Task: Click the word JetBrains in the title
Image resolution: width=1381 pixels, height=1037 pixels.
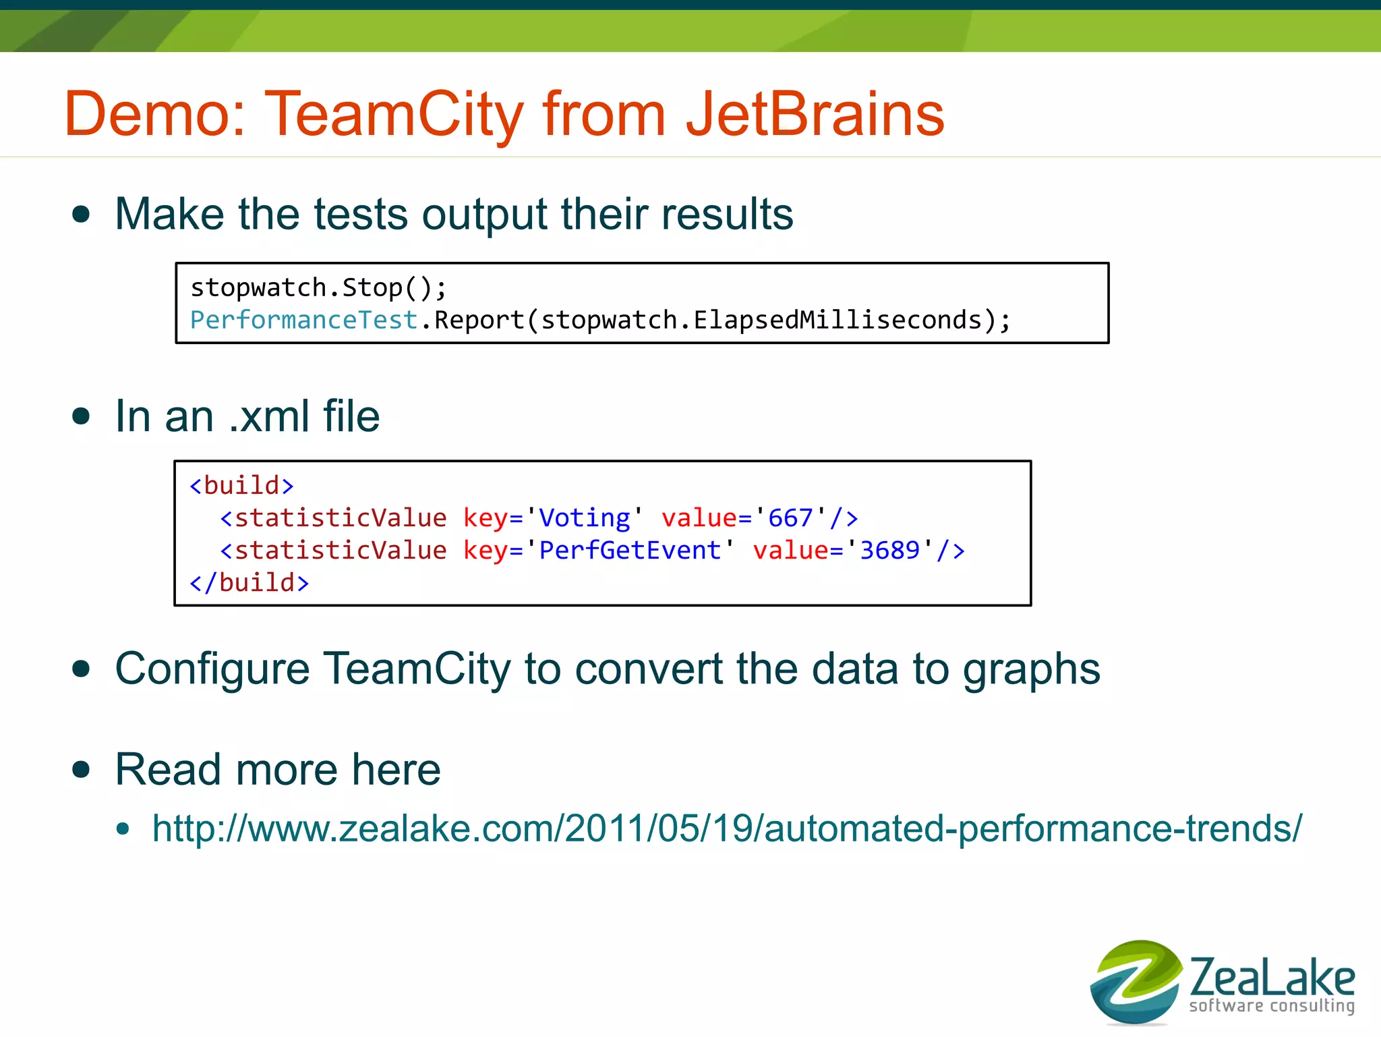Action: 815,115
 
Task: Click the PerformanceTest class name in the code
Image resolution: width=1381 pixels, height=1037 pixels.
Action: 303,320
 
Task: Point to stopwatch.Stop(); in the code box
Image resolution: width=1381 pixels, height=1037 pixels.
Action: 318,288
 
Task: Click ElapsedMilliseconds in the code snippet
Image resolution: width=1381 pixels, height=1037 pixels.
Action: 838,320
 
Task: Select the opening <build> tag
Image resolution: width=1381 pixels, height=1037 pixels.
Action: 241,485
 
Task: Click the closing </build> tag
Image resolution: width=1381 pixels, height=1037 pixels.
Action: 249,582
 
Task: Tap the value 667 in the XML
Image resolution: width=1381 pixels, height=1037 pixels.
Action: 790,517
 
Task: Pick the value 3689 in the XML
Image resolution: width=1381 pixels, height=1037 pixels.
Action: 889,550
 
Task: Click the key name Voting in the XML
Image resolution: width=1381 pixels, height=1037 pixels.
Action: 584,517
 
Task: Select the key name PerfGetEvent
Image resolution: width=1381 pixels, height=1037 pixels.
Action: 630,550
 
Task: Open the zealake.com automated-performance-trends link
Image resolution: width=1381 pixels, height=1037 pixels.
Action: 727,828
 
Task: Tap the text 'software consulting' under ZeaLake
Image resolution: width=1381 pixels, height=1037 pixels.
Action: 1272,1006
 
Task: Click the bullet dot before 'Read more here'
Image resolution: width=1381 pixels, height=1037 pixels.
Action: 82,769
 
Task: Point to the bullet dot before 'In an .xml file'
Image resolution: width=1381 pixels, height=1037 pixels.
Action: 82,416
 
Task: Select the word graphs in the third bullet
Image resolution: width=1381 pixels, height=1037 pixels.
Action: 1031,670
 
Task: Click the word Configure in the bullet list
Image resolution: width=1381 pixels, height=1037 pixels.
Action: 212,670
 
